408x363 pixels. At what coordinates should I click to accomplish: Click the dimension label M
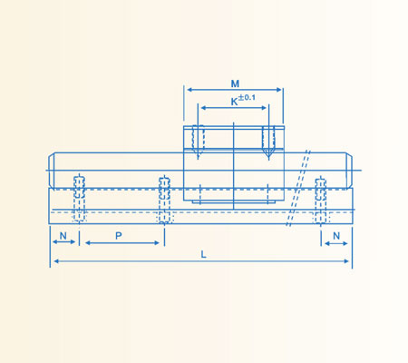point(235,83)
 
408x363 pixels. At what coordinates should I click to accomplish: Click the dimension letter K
point(234,102)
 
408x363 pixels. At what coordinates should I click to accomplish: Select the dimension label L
point(203,255)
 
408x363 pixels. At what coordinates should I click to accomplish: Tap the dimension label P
point(120,236)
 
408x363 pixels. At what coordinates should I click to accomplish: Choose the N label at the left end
point(63,236)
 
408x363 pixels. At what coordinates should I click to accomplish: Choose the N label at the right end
point(335,236)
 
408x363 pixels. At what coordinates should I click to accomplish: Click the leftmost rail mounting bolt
point(79,198)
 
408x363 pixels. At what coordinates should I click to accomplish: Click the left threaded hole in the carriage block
point(199,139)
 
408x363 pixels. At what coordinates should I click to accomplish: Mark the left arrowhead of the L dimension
point(53,262)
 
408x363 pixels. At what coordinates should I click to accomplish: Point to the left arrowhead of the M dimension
point(189,89)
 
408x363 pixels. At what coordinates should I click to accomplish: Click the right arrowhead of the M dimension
point(281,89)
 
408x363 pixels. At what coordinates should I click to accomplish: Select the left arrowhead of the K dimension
point(201,108)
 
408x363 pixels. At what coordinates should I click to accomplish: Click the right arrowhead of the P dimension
point(160,243)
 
